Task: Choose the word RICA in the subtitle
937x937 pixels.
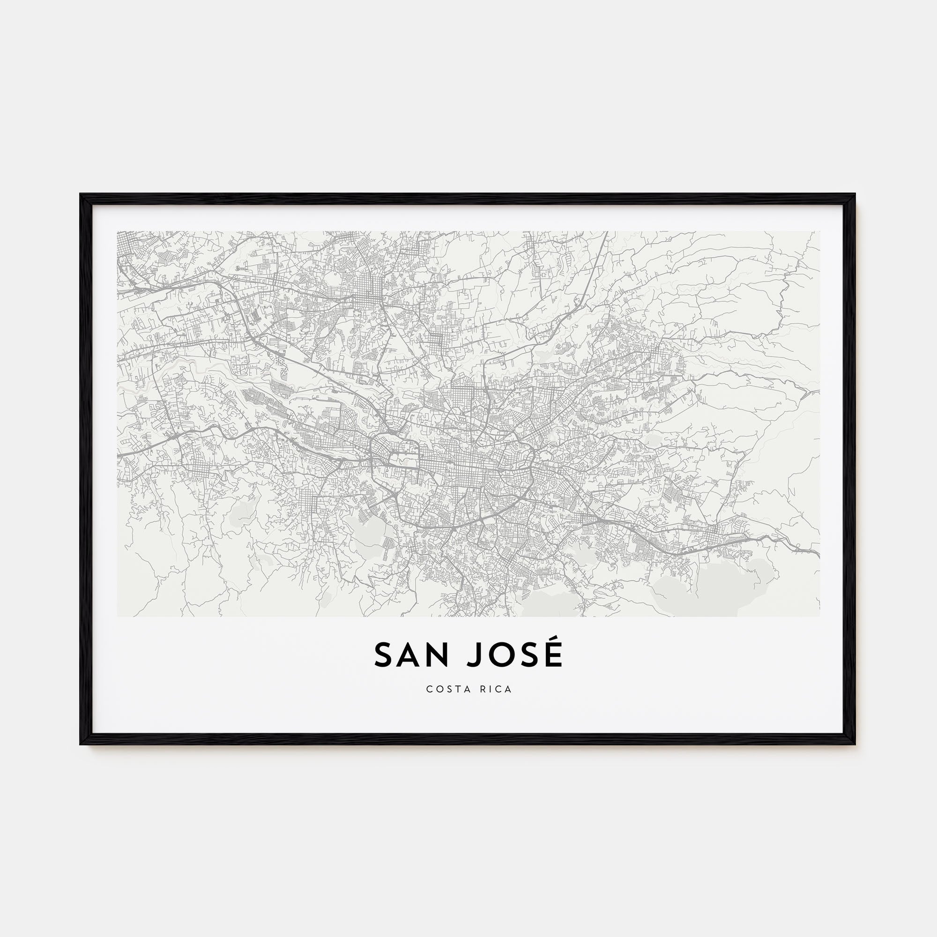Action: (496, 689)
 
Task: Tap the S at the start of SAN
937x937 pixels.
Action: (383, 656)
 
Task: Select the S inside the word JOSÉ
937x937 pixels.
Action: (528, 656)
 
